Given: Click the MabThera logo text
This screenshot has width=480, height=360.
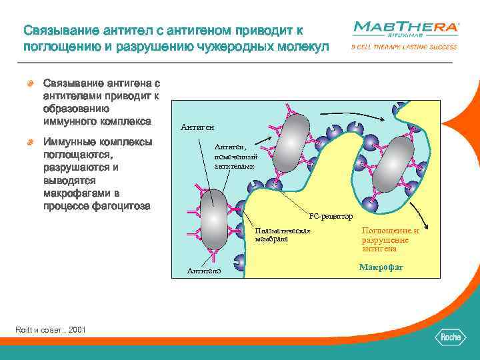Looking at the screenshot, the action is pyautogui.click(x=405, y=27).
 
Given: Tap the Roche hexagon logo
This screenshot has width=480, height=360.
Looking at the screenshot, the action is pyautogui.click(x=451, y=337).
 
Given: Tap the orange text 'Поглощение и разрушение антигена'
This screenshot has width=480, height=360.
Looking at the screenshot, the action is pyautogui.click(x=390, y=239).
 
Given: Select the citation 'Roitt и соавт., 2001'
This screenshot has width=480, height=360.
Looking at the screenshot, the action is pyautogui.click(x=50, y=330).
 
